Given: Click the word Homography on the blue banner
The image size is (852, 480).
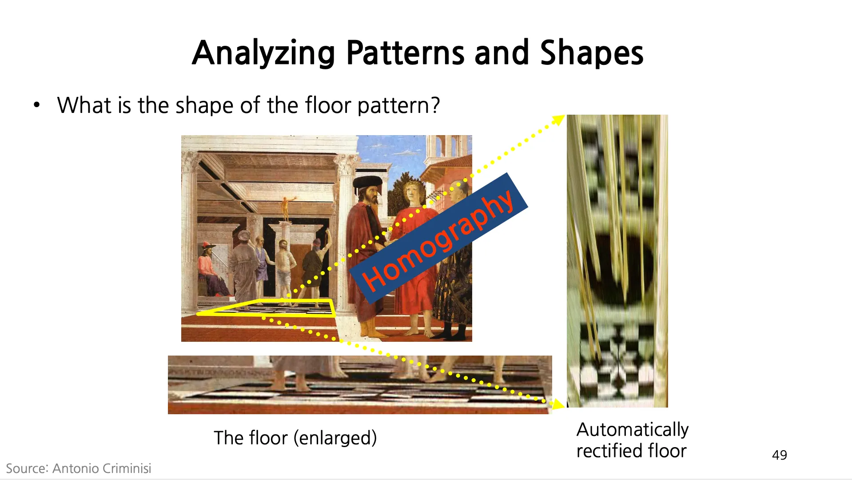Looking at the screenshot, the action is point(438,240).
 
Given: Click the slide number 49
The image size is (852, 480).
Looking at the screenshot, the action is point(780,455).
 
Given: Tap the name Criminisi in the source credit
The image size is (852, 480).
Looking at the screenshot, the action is point(127,468).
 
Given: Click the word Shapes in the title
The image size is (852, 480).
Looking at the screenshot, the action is point(592,53).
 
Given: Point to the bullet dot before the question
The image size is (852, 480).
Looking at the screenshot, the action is point(37,105).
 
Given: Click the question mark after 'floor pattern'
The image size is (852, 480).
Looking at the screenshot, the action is point(435,105).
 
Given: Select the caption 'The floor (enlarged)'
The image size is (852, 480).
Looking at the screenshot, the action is point(295,438).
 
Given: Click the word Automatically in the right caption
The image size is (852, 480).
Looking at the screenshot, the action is point(633,430).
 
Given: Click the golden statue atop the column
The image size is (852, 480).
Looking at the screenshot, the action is point(285,208).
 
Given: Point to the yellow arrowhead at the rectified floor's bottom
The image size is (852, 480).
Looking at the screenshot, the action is point(557,404).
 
